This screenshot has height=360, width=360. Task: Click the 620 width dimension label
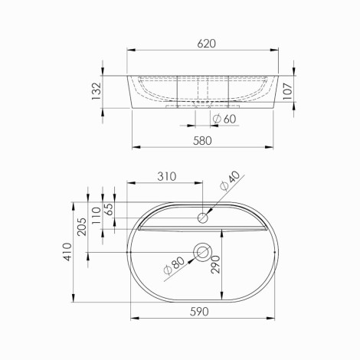click(206, 44)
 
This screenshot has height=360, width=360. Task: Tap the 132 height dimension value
click(97, 91)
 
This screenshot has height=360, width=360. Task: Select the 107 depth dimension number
click(288, 91)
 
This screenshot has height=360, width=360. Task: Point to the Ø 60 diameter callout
click(224, 119)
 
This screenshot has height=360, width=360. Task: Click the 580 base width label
click(202, 141)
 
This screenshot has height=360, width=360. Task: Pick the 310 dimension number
click(166, 176)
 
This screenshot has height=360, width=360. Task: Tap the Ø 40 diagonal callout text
click(230, 181)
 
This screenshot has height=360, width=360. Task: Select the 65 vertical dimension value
click(109, 209)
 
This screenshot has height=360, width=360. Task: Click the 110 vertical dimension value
click(97, 215)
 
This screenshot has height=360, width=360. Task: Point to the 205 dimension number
click(82, 227)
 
